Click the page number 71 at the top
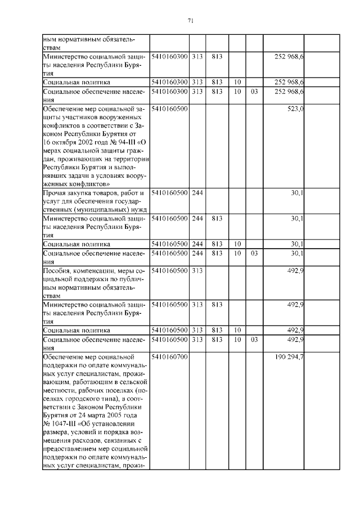click(191, 21)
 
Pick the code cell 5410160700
click(169, 357)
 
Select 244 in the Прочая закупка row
click(197, 193)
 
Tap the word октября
click(64, 148)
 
